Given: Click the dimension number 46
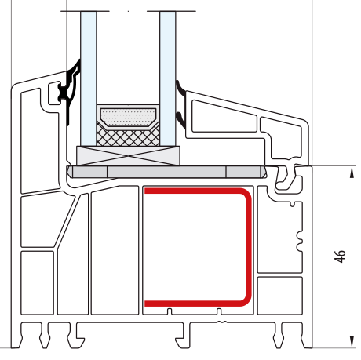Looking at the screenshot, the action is [340, 256].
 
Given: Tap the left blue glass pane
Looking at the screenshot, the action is [89, 78].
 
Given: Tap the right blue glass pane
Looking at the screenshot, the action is [168, 78].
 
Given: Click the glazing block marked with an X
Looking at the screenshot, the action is [128, 156].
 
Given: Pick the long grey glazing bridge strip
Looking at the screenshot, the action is [166, 172].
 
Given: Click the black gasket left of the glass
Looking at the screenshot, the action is [70, 89].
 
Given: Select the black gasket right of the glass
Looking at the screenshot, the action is [180, 104].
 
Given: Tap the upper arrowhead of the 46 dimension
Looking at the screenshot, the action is [352, 173].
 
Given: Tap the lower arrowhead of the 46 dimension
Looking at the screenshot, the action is [352, 341].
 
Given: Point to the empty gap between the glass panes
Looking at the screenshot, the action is [128, 57].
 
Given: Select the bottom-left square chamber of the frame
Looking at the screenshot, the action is [37, 282].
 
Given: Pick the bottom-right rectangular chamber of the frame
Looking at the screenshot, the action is [280, 296].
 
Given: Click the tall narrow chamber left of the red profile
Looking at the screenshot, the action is [115, 249].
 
